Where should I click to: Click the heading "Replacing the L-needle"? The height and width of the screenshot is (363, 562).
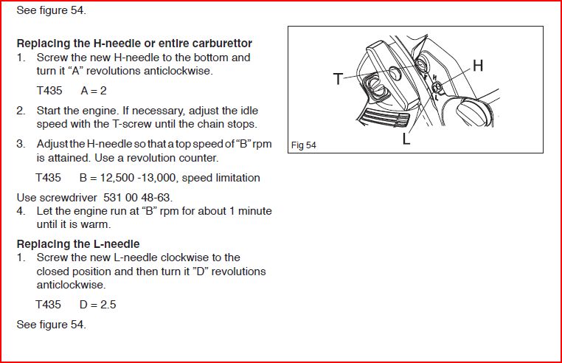click(x=77, y=243)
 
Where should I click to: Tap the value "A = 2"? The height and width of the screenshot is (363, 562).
click(x=94, y=90)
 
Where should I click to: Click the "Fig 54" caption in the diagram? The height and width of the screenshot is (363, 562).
click(x=303, y=145)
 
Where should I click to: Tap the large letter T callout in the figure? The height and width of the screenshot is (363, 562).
click(x=338, y=79)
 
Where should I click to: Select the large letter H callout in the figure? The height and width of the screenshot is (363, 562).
click(x=477, y=66)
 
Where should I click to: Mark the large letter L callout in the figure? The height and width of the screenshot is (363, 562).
click(x=406, y=139)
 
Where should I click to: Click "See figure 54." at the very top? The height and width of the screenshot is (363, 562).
click(x=51, y=12)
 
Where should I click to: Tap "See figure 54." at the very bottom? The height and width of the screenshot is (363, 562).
click(x=51, y=325)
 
